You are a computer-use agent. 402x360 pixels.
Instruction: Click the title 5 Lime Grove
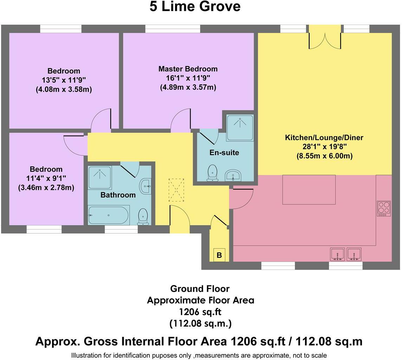(195, 7)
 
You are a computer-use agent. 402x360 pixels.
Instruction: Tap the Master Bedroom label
(188, 69)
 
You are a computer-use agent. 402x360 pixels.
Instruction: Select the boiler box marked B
(219, 255)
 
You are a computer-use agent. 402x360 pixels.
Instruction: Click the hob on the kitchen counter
(383, 208)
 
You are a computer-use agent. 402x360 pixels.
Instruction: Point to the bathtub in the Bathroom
(109, 215)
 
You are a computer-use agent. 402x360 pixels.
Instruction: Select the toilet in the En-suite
(212, 173)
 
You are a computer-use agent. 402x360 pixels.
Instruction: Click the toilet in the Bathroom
(143, 216)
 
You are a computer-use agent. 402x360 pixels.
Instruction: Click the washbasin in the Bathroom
(145, 185)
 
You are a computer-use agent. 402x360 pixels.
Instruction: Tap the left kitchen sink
(338, 254)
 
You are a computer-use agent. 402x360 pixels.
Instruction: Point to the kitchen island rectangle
(309, 189)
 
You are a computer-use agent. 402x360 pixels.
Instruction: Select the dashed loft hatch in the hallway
(176, 190)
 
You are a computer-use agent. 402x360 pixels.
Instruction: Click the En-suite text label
(224, 153)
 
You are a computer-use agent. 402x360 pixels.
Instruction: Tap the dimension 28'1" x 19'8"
(324, 147)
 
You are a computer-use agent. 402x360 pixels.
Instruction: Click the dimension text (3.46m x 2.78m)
(46, 188)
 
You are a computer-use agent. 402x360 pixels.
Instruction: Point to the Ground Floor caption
(200, 289)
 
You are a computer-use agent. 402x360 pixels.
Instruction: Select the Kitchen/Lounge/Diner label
(324, 137)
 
